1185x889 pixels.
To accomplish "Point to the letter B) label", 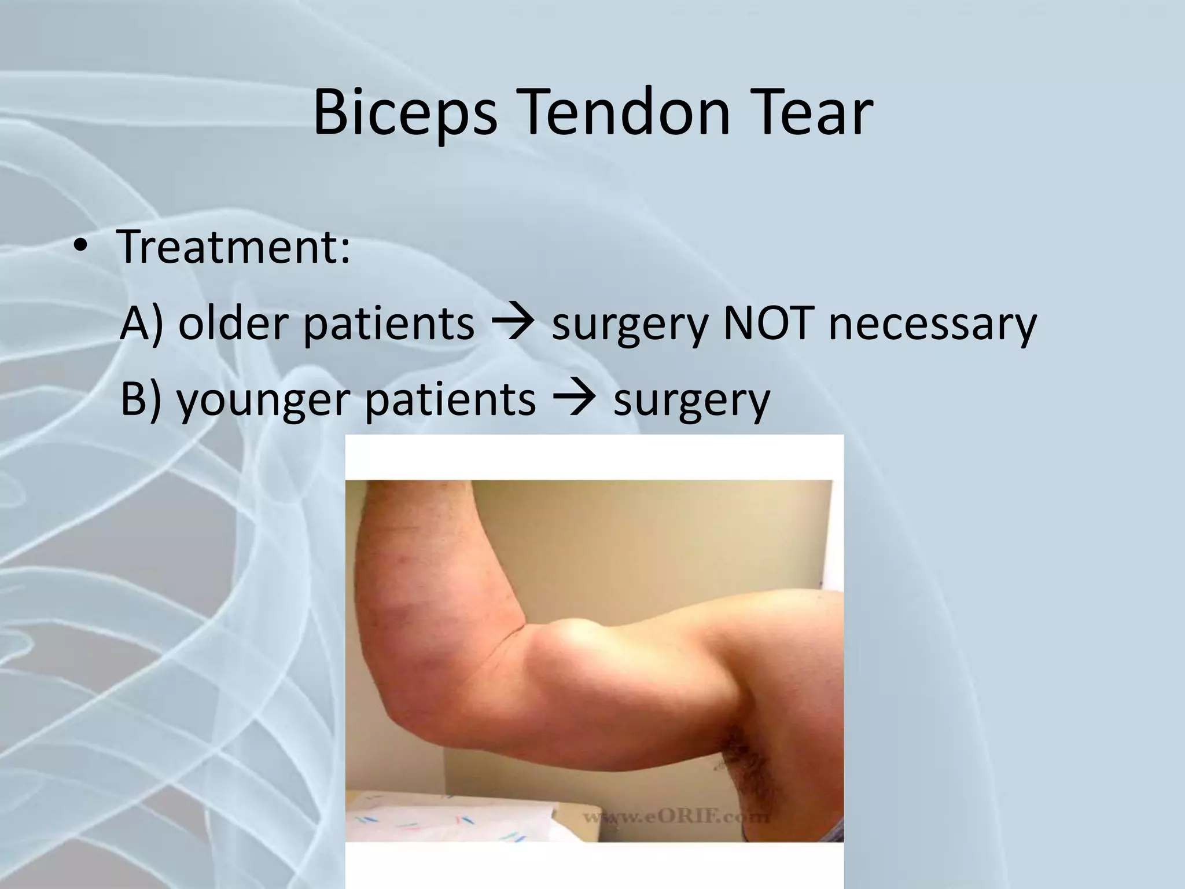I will tap(141, 399).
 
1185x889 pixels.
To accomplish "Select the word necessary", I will tap(932, 324).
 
